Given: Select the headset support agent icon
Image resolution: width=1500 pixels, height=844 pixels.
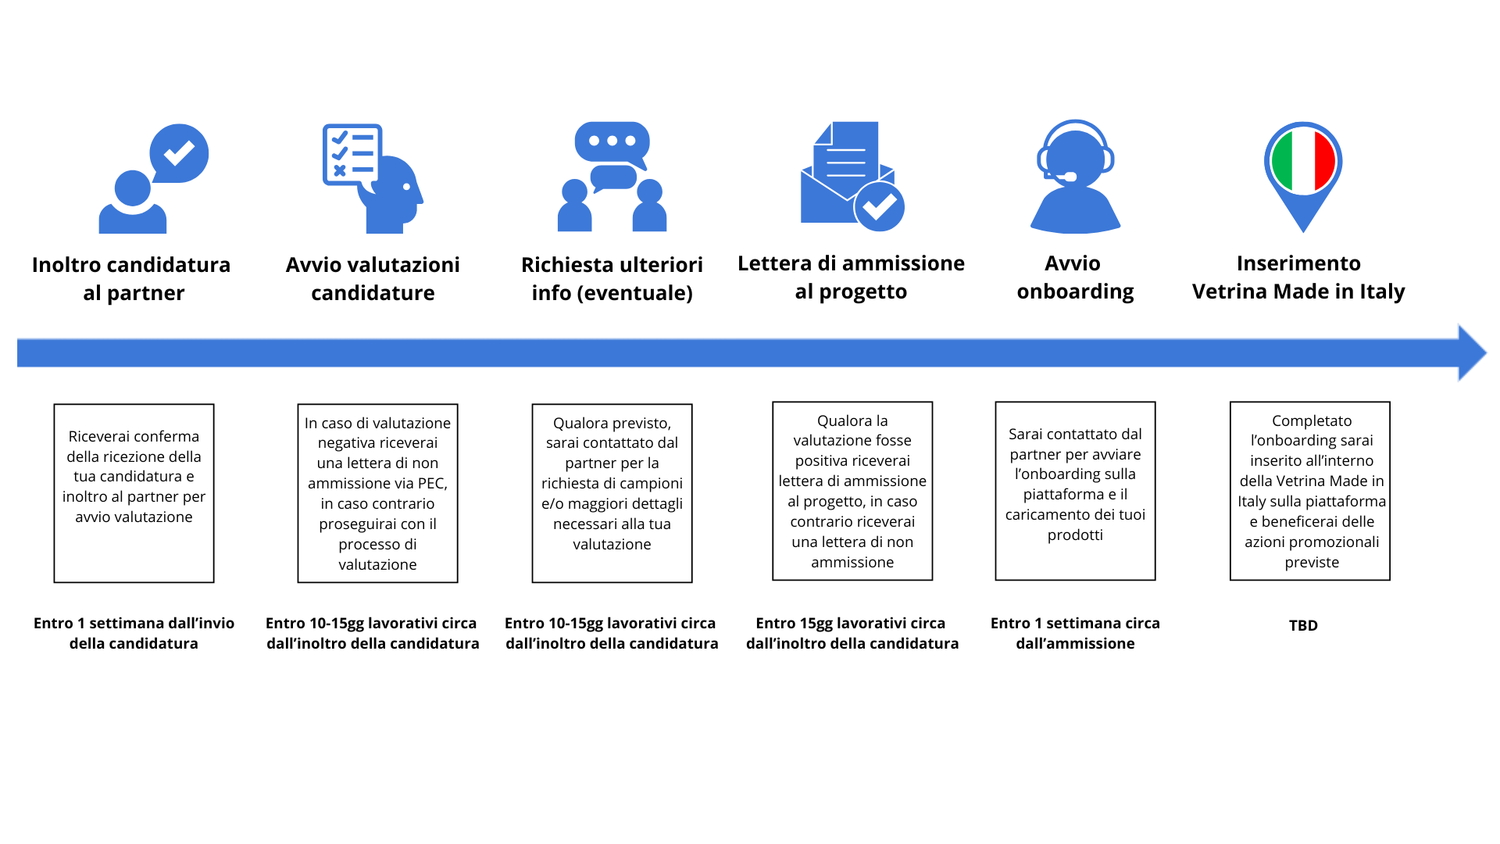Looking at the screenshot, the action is pos(1076,177).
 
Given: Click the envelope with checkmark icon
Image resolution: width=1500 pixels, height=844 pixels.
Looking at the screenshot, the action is pos(852,177).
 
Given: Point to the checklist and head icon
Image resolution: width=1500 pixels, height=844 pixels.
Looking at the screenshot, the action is pos(373,178).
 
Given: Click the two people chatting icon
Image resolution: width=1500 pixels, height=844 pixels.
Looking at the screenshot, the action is pos(612,177).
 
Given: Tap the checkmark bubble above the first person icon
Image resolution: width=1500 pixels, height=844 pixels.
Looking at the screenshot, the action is pos(179,153).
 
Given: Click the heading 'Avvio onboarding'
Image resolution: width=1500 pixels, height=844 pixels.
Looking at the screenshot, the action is pos(1075,277).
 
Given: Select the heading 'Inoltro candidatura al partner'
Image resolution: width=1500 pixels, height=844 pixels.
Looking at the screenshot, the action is pos(131,279).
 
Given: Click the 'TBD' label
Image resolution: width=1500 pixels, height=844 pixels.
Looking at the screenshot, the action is pos(1303,625).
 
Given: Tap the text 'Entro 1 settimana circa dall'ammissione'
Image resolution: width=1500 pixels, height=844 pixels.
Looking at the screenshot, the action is pos(1075,633).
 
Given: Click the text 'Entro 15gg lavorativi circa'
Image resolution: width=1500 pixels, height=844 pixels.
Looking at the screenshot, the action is pos(851,623).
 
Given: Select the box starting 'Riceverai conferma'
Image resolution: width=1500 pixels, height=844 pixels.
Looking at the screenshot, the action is pos(134,493).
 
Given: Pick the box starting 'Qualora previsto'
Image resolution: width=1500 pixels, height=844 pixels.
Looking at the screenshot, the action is pos(612,493).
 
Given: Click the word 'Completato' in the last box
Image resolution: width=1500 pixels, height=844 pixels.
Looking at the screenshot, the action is pos(1312,421).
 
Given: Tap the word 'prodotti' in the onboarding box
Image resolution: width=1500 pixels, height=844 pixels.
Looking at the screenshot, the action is pos(1075,535).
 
